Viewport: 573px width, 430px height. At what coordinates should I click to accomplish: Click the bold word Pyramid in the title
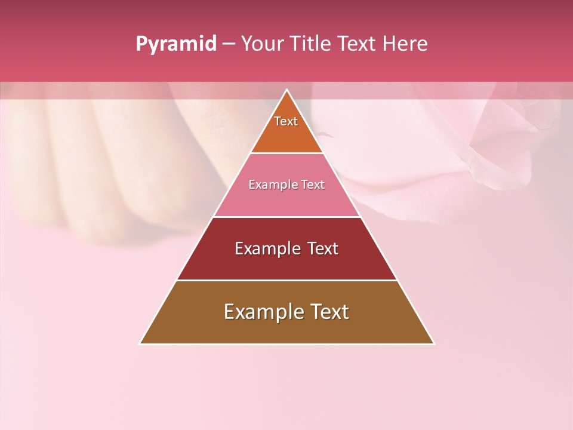pyautogui.click(x=176, y=44)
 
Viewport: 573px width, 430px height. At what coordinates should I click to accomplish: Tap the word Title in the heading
pyautogui.click(x=311, y=44)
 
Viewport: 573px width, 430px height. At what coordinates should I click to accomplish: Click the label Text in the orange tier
pyautogui.click(x=286, y=121)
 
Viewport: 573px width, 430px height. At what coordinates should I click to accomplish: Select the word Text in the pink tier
pyautogui.click(x=313, y=185)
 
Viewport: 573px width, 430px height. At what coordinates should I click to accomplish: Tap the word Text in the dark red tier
pyautogui.click(x=323, y=248)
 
